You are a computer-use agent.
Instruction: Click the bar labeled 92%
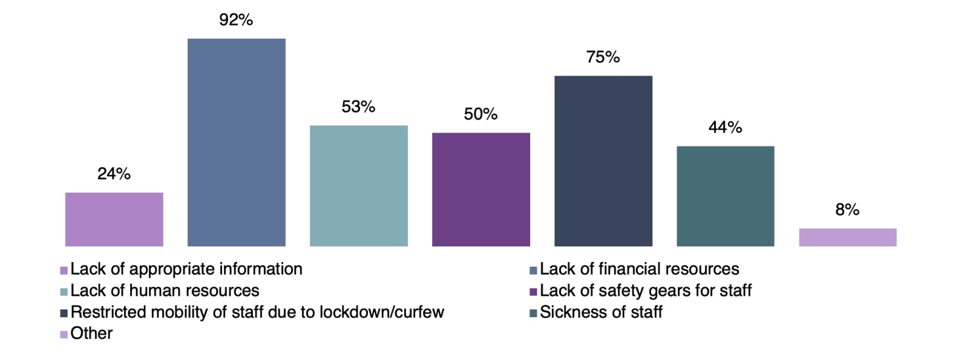[236, 143]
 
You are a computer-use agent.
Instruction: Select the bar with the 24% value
[114, 219]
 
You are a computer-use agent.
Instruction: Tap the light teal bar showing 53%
[359, 186]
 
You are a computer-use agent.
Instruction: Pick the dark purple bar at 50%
[481, 190]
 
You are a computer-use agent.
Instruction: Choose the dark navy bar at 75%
[603, 161]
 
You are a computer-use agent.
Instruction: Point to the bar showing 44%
[725, 196]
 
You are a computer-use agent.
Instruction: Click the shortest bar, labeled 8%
[847, 237]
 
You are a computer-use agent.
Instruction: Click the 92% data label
[236, 20]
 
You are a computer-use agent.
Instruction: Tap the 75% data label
[603, 58]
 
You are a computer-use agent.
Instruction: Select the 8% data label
[847, 210]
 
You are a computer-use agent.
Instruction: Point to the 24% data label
[114, 174]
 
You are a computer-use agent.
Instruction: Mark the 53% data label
[359, 107]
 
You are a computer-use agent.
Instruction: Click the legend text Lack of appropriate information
[187, 269]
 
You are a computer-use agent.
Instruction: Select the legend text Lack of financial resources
[639, 269]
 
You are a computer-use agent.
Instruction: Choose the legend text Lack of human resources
[165, 290]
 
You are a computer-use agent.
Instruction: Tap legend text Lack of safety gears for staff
[646, 290]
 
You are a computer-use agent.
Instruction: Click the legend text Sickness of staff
[601, 312]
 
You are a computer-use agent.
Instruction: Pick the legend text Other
[91, 334]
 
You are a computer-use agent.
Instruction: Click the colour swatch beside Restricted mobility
[64, 313]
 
